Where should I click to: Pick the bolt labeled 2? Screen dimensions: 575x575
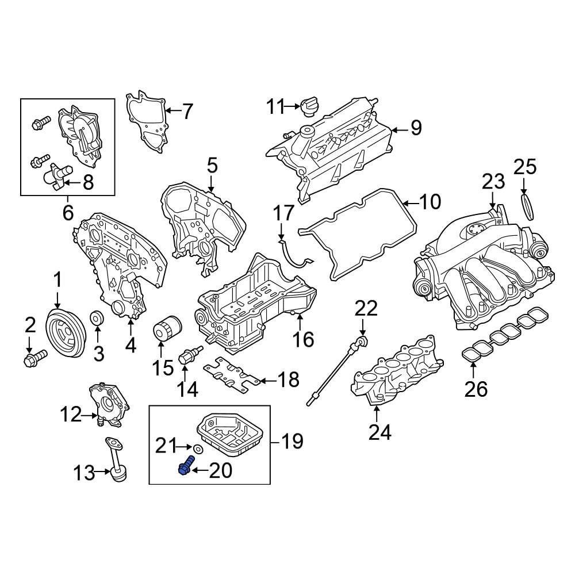click(33, 358)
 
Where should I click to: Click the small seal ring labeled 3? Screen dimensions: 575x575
click(98, 317)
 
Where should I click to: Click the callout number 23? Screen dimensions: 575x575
click(493, 182)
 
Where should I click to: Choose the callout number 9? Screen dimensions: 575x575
click(416, 128)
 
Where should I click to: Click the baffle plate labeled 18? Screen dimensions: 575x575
click(233, 375)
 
